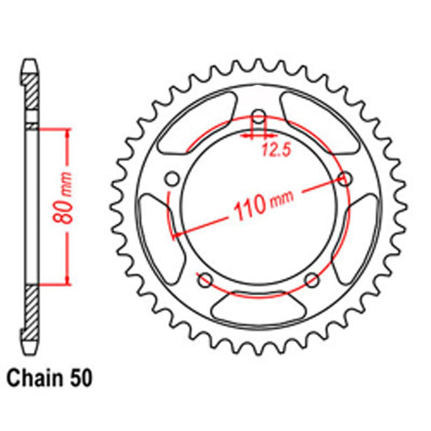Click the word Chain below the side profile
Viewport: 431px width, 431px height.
(33, 377)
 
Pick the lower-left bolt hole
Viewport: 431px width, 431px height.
(205, 281)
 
